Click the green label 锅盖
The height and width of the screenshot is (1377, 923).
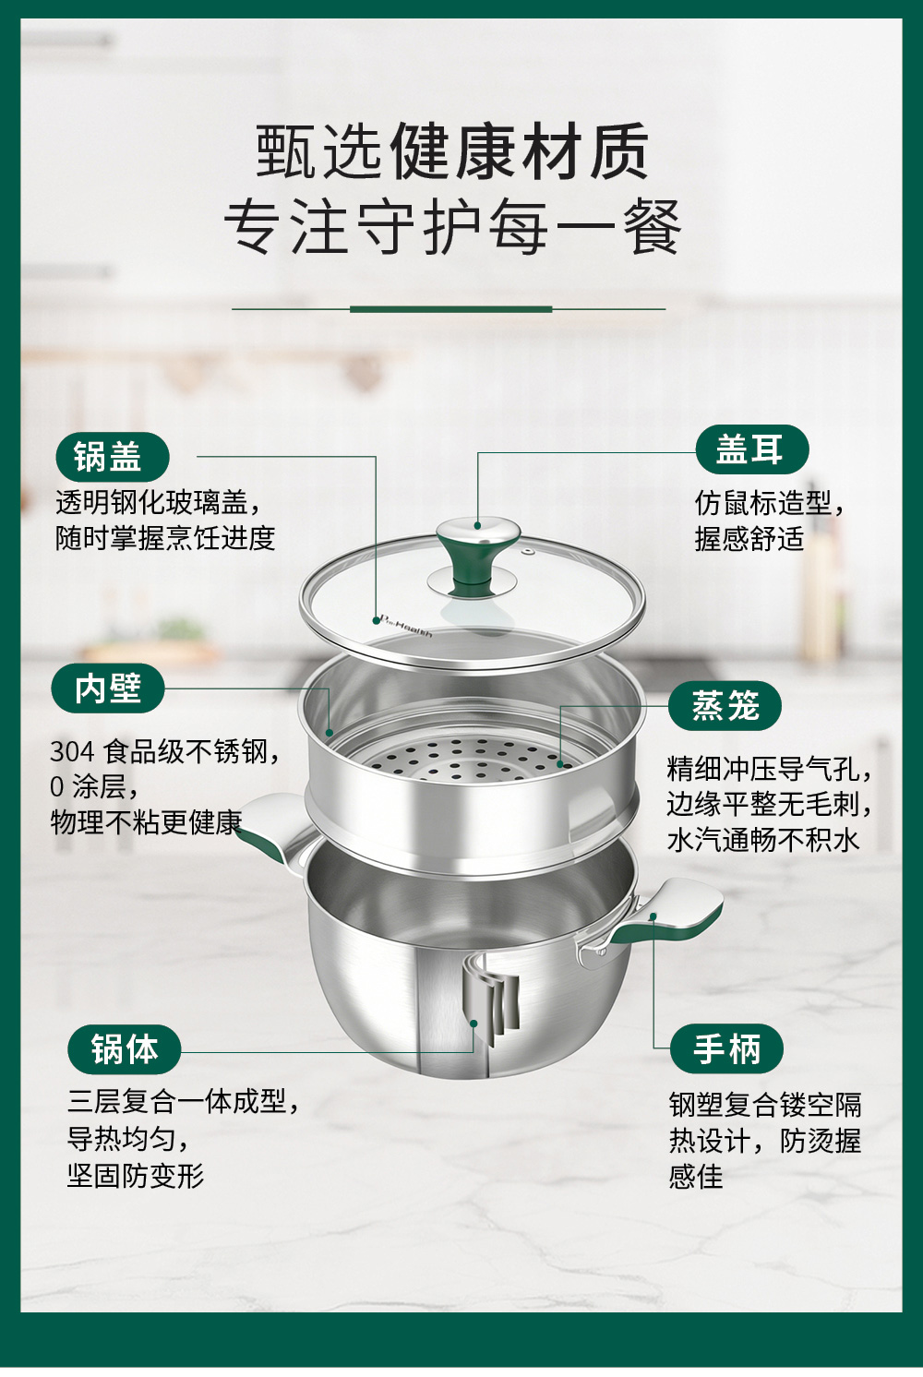pyautogui.click(x=113, y=457)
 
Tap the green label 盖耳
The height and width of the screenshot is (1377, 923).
pyautogui.click(x=752, y=449)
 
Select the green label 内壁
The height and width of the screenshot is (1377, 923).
pyautogui.click(x=108, y=688)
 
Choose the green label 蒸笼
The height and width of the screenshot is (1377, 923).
pyautogui.click(x=725, y=706)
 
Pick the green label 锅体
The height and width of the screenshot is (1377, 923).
pyautogui.click(x=125, y=1049)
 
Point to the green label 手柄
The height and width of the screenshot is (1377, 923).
pyautogui.click(x=726, y=1048)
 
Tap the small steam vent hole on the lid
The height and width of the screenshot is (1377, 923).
pyautogui.click(x=526, y=551)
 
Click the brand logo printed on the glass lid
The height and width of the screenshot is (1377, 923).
pyautogui.click(x=406, y=626)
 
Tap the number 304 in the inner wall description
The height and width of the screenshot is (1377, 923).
pyautogui.click(x=72, y=751)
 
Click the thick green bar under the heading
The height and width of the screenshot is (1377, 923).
pyautogui.click(x=450, y=309)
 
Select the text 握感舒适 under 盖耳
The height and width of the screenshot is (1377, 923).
pyautogui.click(x=749, y=539)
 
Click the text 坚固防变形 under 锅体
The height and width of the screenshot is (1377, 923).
pyautogui.click(x=136, y=1176)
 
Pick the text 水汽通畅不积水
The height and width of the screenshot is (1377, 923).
pyautogui.click(x=762, y=840)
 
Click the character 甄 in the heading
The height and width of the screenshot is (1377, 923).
pyautogui.click(x=285, y=150)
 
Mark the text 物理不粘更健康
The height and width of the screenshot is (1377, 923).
pyautogui.click(x=147, y=822)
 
